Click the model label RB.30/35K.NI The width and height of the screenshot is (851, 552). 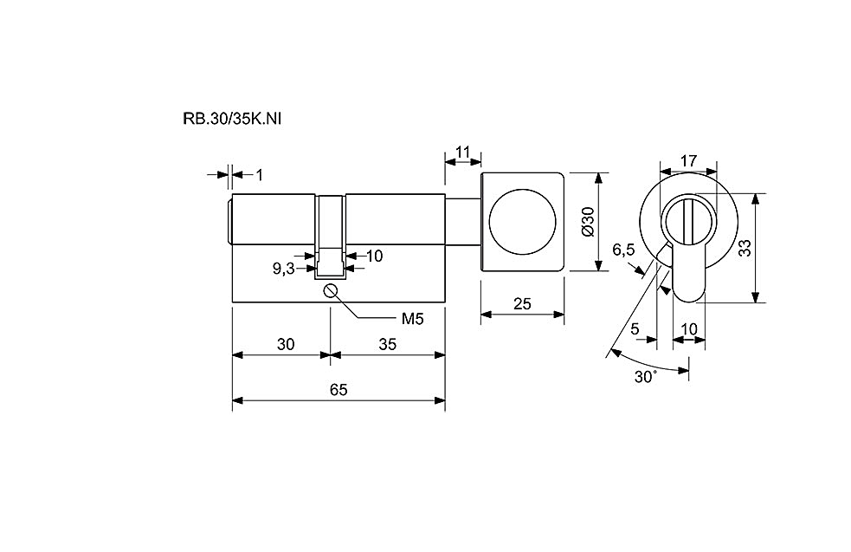point(232,119)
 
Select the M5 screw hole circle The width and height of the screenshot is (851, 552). point(330,290)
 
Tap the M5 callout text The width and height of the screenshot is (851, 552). point(412,318)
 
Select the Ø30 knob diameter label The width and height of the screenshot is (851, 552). point(589,221)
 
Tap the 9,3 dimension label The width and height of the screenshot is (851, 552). point(283,268)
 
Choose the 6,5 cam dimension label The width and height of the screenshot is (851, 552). point(623,250)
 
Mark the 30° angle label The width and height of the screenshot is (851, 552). point(646,376)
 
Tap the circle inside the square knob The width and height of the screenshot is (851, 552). point(523,222)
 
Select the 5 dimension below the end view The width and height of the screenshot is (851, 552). point(635,329)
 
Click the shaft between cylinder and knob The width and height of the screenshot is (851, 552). point(463,223)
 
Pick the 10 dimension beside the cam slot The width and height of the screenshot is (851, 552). point(375,256)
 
